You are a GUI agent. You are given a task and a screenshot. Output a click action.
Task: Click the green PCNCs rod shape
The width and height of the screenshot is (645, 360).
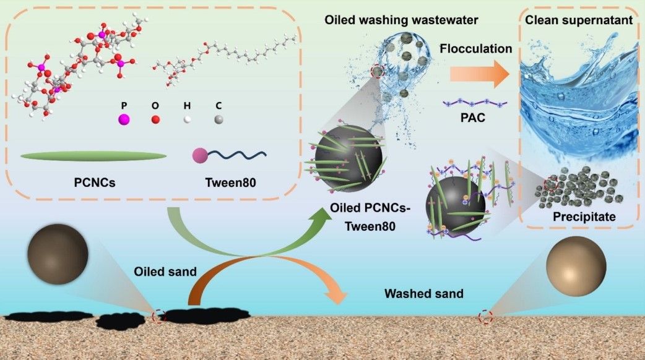coord(93,156)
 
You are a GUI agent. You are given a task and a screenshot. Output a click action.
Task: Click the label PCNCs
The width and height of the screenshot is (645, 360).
coord(95,184)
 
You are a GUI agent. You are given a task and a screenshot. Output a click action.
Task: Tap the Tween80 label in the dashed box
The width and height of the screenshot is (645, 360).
coord(232,184)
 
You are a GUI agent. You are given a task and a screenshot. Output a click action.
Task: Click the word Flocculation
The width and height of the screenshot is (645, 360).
coord(477,48)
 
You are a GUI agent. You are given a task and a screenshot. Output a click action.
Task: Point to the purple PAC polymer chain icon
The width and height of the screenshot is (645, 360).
coord(475,101)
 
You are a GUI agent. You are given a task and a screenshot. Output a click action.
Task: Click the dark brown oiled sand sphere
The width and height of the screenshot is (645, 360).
coord(58,254)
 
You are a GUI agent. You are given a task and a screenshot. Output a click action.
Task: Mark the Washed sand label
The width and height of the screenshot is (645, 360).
coord(423,293)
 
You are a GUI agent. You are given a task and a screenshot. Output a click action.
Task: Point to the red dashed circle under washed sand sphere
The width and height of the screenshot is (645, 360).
coord(485,317)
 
